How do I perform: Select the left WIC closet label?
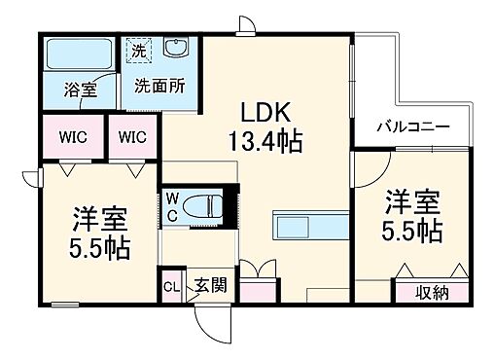72,137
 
